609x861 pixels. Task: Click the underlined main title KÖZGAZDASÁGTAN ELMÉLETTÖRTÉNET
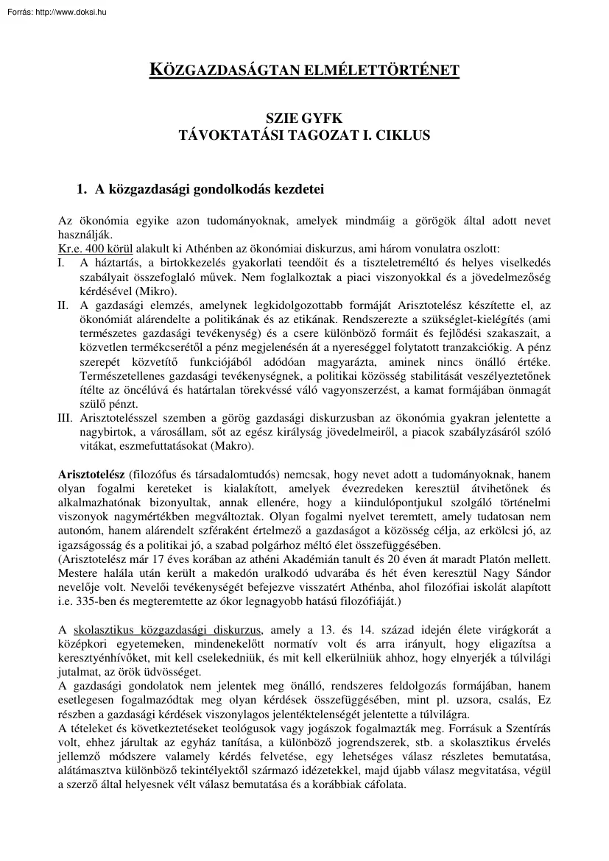click(x=304, y=71)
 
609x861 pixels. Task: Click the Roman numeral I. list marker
click(x=62, y=262)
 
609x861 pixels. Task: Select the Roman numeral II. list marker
click(x=63, y=305)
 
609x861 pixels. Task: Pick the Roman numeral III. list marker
click(x=65, y=418)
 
